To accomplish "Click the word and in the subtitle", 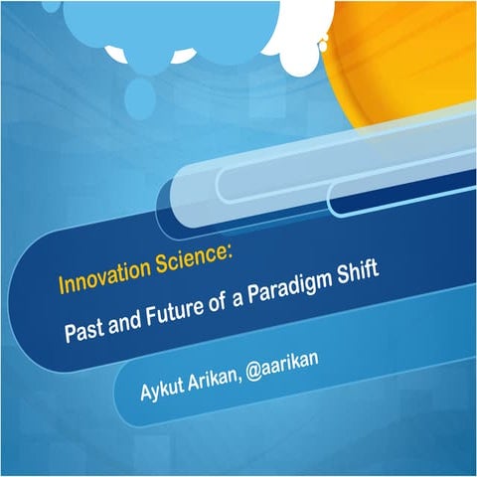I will [120, 320].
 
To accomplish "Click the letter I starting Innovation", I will [63, 288].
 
